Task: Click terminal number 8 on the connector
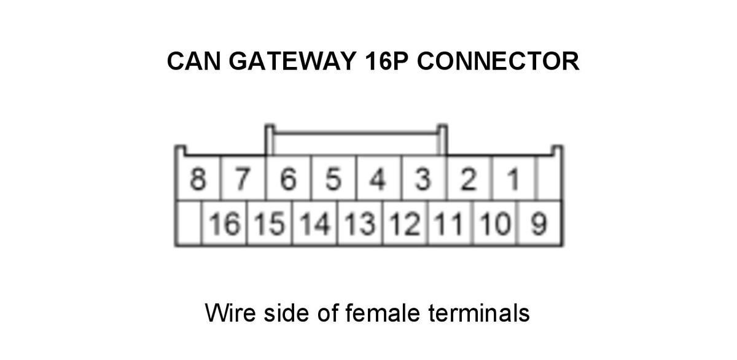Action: (x=198, y=179)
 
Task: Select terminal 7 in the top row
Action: (x=243, y=179)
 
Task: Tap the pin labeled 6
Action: (x=288, y=179)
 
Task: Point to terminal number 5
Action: (x=333, y=179)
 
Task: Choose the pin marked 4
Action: (x=378, y=179)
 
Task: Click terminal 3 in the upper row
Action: (x=423, y=179)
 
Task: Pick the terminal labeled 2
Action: (x=469, y=179)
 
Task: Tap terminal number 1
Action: (x=513, y=179)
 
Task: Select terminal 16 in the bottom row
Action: (x=224, y=224)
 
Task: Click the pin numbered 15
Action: (x=270, y=224)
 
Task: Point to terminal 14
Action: (x=315, y=224)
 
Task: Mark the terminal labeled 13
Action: (x=360, y=224)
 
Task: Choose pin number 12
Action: (x=405, y=224)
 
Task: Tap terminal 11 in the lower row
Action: (x=450, y=224)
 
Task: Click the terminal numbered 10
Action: (x=496, y=224)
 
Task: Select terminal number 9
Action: (x=539, y=224)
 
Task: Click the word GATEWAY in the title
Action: (x=292, y=61)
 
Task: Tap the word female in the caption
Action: (x=383, y=312)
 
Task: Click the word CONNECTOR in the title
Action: (x=498, y=61)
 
